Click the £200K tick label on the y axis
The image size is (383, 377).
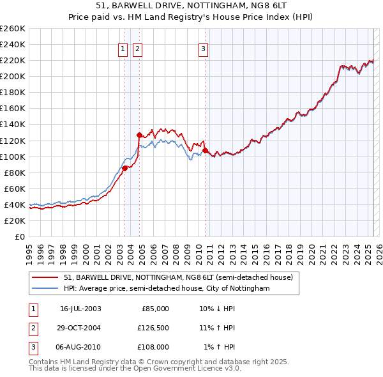[x=13, y=76]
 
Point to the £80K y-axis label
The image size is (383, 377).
[x=15, y=173]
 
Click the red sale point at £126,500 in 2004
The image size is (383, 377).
[x=139, y=135]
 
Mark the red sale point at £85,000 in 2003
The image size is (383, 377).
[x=125, y=168]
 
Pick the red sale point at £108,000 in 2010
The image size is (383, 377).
[x=205, y=150]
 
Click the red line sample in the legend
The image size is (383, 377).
[x=46, y=278]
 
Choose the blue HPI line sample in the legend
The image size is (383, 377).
[x=46, y=289]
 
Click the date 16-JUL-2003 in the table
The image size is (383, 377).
[x=80, y=309]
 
